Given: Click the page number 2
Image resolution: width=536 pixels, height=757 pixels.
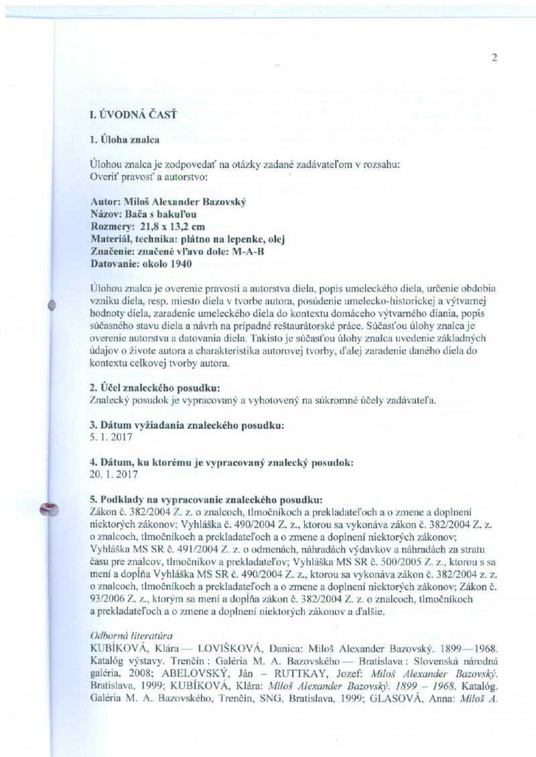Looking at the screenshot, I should (494, 57).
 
